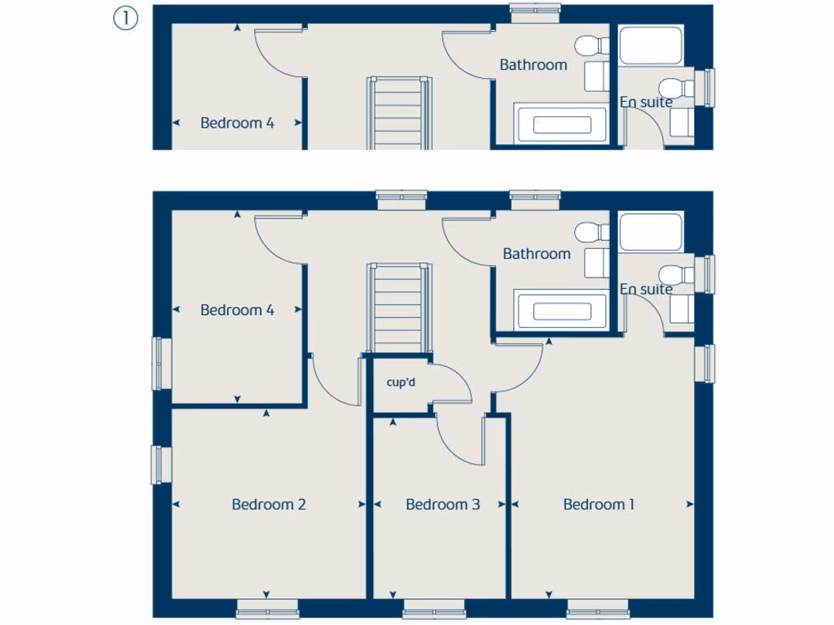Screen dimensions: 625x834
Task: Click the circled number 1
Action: click(x=125, y=19)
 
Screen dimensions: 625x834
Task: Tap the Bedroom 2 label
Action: click(x=269, y=505)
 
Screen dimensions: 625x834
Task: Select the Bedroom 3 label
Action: click(x=442, y=505)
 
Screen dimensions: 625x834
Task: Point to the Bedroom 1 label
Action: click(x=599, y=505)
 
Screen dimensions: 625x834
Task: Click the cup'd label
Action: click(x=401, y=382)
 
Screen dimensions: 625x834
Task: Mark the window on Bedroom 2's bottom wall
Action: click(x=267, y=608)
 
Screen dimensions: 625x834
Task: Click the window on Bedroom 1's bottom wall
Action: click(x=598, y=608)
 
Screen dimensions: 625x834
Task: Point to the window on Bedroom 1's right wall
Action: click(x=709, y=363)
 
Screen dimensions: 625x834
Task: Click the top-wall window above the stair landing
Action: click(x=402, y=195)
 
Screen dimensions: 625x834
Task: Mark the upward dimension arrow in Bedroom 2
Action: click(x=267, y=414)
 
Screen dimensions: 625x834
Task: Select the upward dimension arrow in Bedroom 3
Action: click(x=393, y=422)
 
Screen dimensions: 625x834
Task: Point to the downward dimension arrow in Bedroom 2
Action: click(x=267, y=593)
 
